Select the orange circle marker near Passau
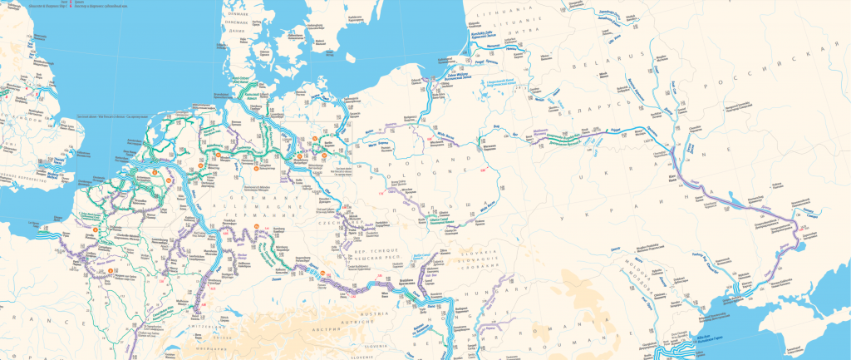(313, 271)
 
